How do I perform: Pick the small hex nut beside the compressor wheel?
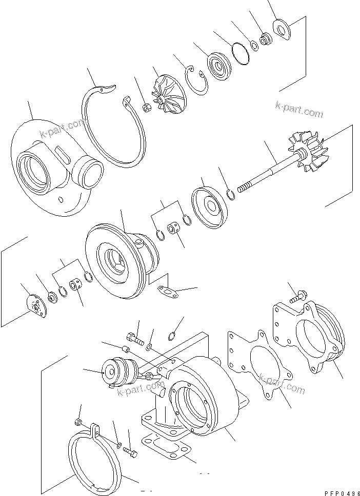point(145,108)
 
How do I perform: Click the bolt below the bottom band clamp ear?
point(130,453)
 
